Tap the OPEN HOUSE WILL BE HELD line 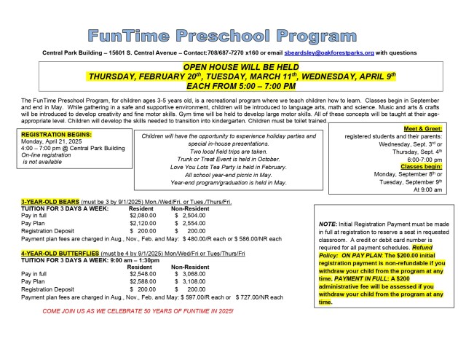click(232, 67)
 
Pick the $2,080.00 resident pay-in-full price click(142, 216)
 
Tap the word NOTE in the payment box click(328, 224)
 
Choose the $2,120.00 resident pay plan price click(142, 224)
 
